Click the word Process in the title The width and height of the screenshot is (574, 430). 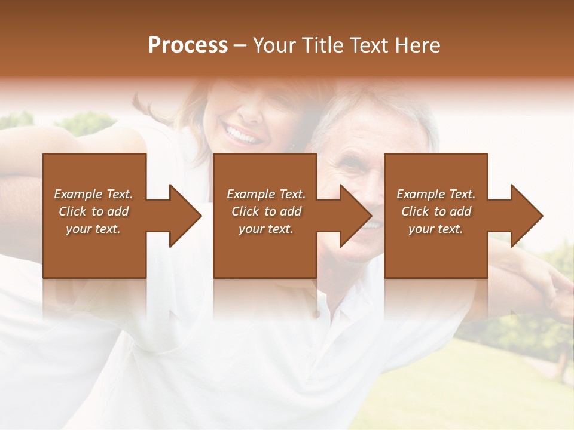point(188,45)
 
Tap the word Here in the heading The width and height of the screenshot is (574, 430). point(417,45)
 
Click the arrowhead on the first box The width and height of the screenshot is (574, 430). point(182,216)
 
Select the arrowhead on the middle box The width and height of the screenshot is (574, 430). point(352,216)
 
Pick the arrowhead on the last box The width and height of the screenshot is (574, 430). point(524,216)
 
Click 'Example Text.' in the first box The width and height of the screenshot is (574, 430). point(93,194)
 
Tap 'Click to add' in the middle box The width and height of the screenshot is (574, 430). point(266,211)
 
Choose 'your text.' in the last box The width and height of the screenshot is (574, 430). point(436,229)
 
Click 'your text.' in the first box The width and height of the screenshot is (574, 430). point(93,229)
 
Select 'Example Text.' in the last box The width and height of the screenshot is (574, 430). point(436,194)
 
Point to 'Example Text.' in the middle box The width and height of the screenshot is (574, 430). point(266,194)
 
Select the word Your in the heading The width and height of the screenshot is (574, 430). point(274,45)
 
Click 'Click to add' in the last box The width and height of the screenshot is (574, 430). point(436,211)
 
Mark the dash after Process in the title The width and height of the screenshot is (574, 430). point(240,45)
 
